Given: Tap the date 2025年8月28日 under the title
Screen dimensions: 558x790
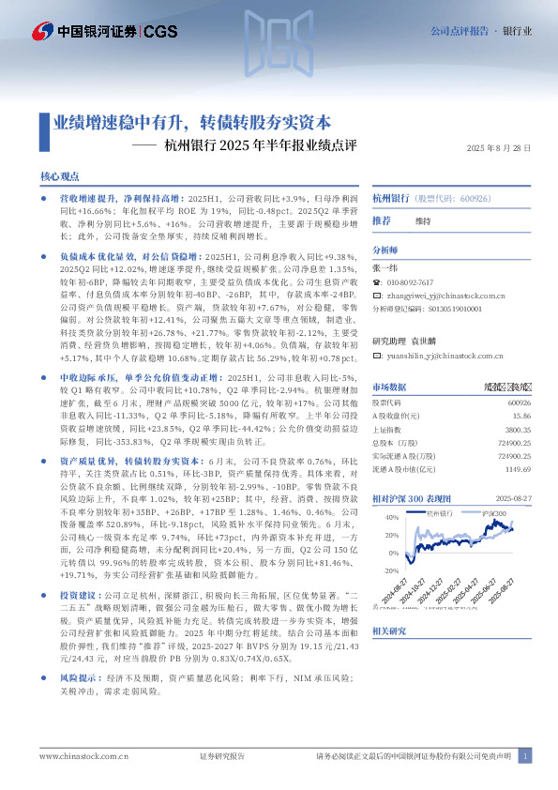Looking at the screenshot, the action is (498, 148).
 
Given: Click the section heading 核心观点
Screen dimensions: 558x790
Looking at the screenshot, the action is (59, 176).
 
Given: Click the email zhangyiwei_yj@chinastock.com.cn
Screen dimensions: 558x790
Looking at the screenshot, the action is (455, 294).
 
